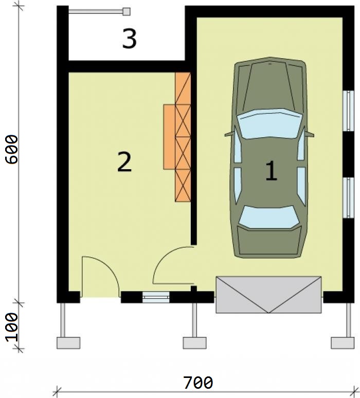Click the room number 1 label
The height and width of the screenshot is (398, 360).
tap(271, 171)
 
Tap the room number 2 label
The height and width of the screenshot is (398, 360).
tap(124, 161)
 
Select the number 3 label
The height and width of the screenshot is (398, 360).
tap(129, 39)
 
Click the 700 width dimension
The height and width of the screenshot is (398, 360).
tap(199, 383)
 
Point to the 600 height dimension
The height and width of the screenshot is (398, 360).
tap(12, 150)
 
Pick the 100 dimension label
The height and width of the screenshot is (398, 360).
tap(12, 327)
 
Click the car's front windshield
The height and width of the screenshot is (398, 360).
tap(270, 124)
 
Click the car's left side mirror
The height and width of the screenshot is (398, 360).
tap(229, 134)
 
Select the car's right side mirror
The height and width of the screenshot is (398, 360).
tap(310, 134)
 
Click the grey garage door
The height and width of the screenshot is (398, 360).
tap(268, 295)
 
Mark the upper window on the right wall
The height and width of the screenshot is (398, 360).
tap(348, 111)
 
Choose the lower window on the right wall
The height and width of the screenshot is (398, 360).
tap(348, 197)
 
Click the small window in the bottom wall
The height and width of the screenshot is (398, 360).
tap(156, 297)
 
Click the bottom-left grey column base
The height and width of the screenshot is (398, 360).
tap(68, 343)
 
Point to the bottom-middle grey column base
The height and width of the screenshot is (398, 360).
tap(195, 343)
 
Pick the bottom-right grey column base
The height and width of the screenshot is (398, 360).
tap(343, 343)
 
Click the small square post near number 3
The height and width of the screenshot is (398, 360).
tap(127, 12)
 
